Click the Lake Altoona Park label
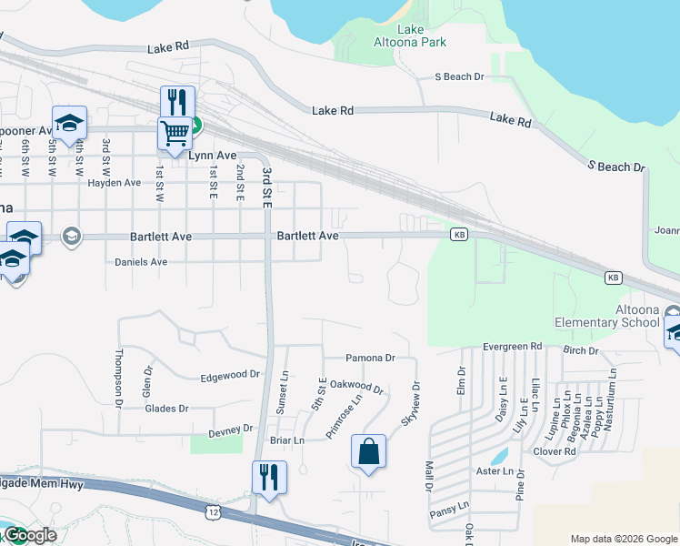pyautogui.click(x=410, y=35)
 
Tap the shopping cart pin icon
pyautogui.click(x=175, y=133)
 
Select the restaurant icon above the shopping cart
pyautogui.click(x=178, y=101)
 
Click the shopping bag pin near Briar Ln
pyautogui.click(x=368, y=452)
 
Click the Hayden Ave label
pyautogui.click(x=114, y=183)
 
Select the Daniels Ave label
pyautogui.click(x=141, y=262)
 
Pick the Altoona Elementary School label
pyautogui.click(x=607, y=316)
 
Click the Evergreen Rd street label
pyautogui.click(x=512, y=347)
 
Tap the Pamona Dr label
pyautogui.click(x=371, y=359)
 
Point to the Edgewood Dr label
pyautogui.click(x=229, y=375)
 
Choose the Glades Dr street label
pyautogui.click(x=166, y=409)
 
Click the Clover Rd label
pyautogui.click(x=555, y=451)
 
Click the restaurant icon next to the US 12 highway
pyautogui.click(x=269, y=478)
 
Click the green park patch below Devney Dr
pyautogui.click(x=216, y=444)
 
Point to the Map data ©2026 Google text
pyautogui.click(x=623, y=538)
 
